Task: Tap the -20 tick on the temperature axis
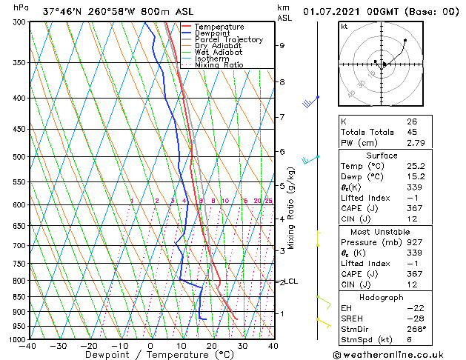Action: [88, 345]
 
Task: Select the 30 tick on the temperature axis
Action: [242, 345]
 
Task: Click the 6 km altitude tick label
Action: [282, 152]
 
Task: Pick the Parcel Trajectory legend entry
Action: [228, 40]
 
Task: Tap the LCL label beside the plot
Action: [292, 281]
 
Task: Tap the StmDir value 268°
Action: [416, 329]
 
